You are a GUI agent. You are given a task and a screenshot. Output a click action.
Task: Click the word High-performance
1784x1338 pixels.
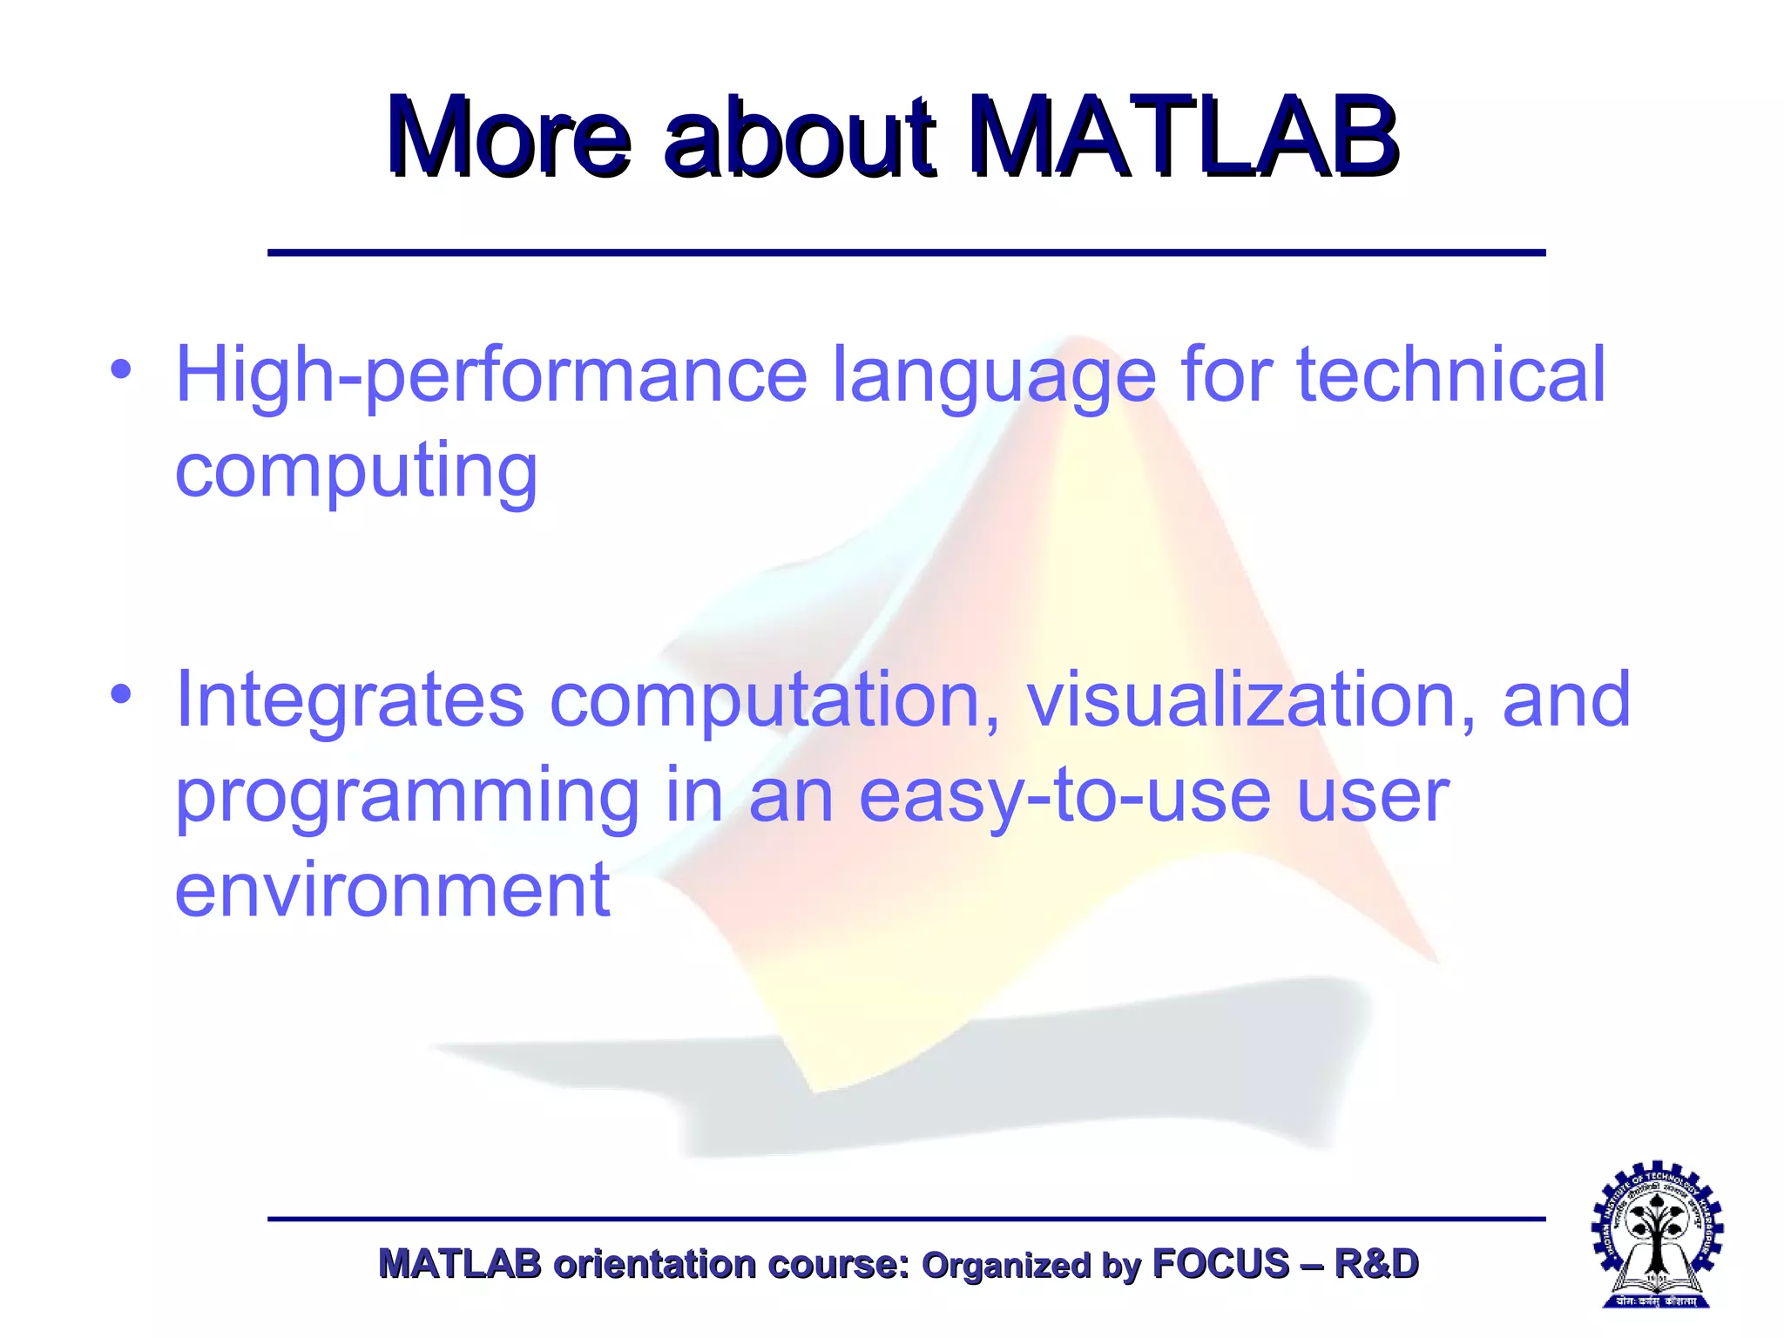491,375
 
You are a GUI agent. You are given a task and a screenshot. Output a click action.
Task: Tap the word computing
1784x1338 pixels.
356,473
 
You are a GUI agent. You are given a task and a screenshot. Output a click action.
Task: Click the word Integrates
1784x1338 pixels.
349,700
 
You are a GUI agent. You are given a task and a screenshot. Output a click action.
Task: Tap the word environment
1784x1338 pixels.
392,889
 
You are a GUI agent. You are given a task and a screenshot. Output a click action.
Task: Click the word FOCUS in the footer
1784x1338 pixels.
1220,1264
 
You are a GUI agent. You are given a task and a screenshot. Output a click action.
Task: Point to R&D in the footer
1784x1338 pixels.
1376,1264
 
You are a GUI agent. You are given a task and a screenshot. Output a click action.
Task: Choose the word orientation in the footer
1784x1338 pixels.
654,1264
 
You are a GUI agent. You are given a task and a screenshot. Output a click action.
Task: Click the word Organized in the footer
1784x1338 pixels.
1005,1266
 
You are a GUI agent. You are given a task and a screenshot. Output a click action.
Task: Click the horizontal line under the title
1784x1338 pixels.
906,253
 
